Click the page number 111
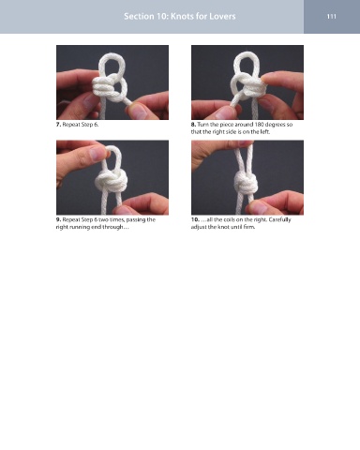click(332, 16)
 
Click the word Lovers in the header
click(223, 16)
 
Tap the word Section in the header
click(138, 16)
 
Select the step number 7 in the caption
click(58, 125)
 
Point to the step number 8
click(193, 125)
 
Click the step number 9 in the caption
click(58, 219)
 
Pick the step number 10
click(195, 219)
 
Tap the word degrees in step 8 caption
click(275, 125)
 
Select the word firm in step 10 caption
click(249, 227)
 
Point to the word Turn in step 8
click(202, 125)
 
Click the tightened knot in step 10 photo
click(246, 183)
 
